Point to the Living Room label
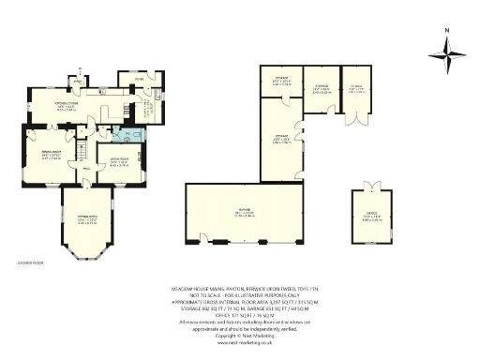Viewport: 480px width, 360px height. (119, 163)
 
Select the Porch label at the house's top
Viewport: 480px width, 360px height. (136, 81)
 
